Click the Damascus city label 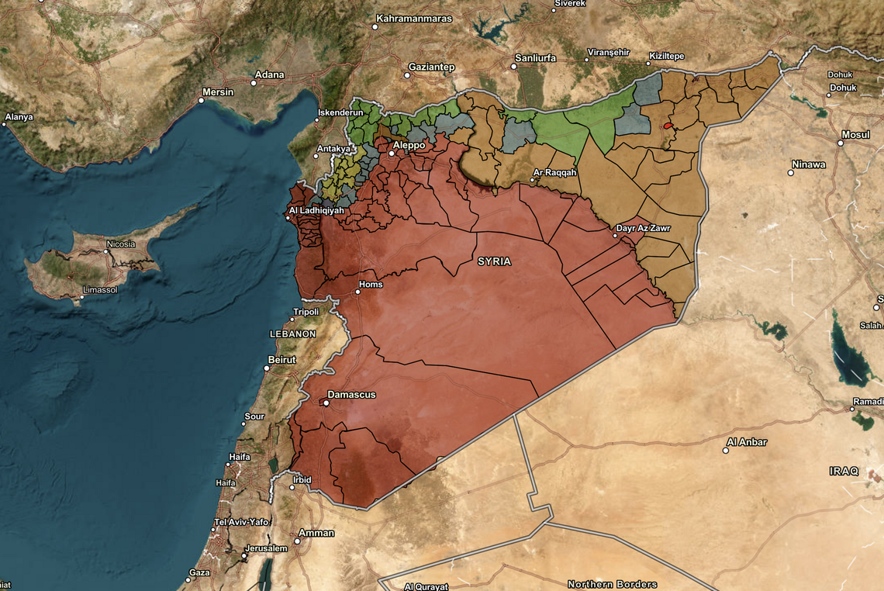(351, 395)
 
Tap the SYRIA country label (494, 261)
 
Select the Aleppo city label (409, 145)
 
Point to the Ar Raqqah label (555, 172)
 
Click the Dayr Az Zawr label (643, 229)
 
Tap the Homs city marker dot (358, 292)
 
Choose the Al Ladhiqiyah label (316, 210)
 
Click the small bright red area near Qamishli (667, 125)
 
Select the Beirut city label (281, 360)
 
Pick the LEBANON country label (292, 334)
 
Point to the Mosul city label (855, 134)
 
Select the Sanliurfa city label (536, 57)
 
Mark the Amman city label (318, 533)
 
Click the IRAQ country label (844, 471)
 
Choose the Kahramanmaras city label (413, 18)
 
